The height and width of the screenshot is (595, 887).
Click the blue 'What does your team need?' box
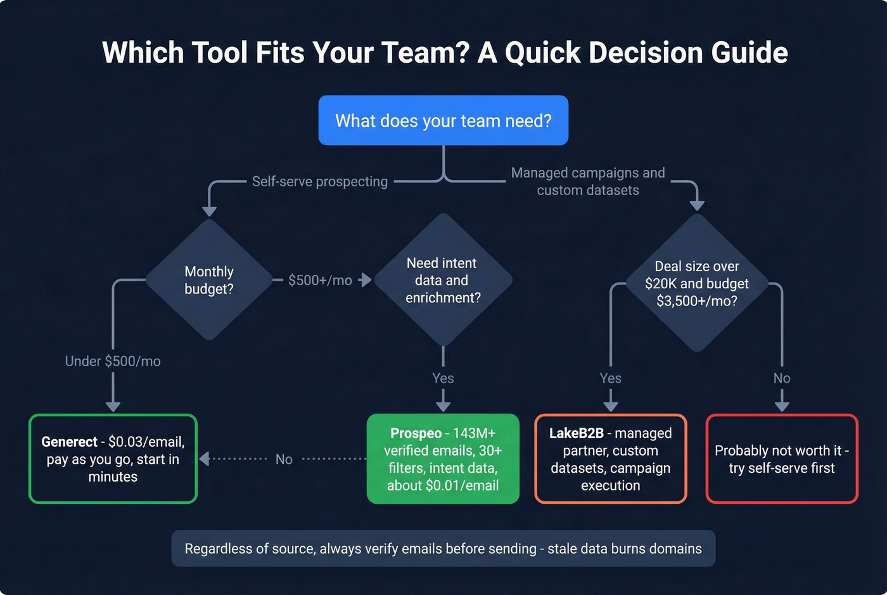point(443,120)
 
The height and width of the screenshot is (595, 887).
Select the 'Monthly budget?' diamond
point(209,280)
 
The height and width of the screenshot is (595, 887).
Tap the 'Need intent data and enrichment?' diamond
point(443,280)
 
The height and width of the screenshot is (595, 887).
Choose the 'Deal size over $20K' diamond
point(696,283)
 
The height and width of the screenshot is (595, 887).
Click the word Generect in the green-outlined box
point(69,442)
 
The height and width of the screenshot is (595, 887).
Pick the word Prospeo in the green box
point(416,433)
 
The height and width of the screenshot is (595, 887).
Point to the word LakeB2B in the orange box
point(576,433)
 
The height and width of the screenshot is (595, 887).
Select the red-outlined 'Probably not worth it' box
point(781,459)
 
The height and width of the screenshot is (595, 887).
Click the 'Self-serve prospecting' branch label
point(319,182)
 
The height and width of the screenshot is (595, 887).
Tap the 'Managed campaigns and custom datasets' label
point(588,181)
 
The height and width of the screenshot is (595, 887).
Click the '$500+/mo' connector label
point(320,280)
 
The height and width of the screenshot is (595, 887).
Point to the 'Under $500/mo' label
point(113,361)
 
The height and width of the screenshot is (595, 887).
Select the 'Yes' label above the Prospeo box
point(443,378)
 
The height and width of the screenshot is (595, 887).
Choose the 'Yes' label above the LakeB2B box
point(610,378)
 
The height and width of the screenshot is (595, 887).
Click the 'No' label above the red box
point(781,378)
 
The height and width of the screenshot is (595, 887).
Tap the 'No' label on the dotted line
point(284,459)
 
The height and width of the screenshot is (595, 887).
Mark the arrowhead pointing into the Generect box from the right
point(204,459)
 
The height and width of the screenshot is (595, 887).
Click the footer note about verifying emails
point(443,549)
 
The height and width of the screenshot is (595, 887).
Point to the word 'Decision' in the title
point(646,53)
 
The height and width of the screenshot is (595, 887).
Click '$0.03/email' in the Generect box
point(146,442)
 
